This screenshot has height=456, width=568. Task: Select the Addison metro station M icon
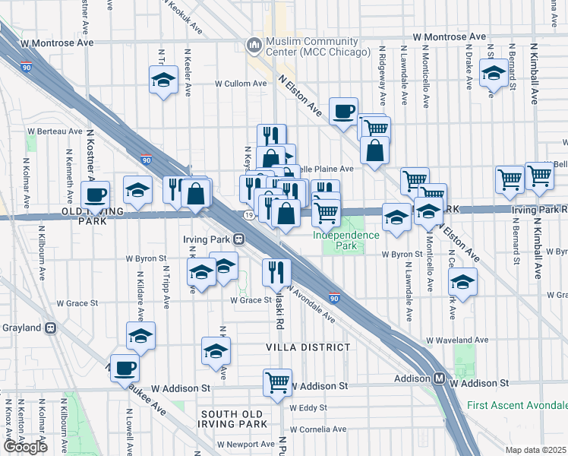(x=440, y=378)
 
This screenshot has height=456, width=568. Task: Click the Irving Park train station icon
(x=238, y=239)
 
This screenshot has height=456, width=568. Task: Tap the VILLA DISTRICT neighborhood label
(x=308, y=347)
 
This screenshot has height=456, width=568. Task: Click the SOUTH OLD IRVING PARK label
(x=233, y=419)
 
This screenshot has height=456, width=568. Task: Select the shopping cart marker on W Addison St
(x=278, y=382)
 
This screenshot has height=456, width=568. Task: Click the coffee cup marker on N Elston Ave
(x=343, y=111)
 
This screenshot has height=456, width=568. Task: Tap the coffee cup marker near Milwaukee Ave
(x=125, y=369)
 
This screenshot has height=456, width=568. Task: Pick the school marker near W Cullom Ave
(x=163, y=81)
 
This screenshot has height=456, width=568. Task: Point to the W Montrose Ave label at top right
(x=449, y=36)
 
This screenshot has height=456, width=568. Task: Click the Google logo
(x=25, y=447)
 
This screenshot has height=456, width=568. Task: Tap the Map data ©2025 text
(x=535, y=450)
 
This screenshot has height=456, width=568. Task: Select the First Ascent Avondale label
(x=516, y=406)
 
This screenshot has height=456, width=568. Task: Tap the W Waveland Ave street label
(x=456, y=340)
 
